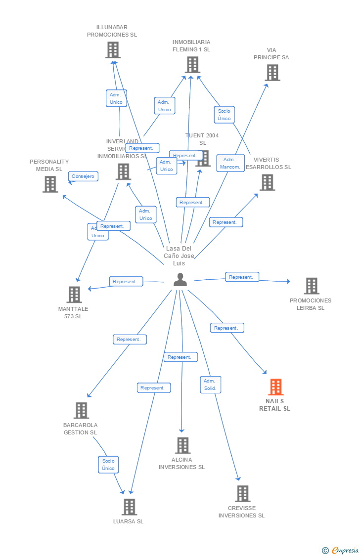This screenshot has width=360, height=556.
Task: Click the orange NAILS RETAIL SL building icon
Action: tap(275, 387)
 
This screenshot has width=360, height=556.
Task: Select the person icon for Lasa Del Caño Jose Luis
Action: tap(180, 280)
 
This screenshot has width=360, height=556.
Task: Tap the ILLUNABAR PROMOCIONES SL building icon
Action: tap(113, 50)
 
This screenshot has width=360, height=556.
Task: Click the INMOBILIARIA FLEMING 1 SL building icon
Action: tap(192, 65)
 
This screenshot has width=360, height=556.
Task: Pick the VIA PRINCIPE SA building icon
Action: tap(272, 73)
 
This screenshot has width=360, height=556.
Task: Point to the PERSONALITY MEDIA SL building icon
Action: tap(50, 184)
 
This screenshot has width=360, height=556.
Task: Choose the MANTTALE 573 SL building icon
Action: tap(74, 295)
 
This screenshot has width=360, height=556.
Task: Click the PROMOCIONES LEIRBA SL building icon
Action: tap(311, 286)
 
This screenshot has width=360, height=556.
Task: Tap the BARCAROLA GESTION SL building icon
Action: tap(81, 410)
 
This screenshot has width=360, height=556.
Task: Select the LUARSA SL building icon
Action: tap(129, 507)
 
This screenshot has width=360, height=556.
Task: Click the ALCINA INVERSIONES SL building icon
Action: tap(182, 445)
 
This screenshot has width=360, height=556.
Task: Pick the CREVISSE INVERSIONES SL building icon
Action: tap(242, 493)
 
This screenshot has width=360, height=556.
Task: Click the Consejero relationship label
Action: tap(83, 176)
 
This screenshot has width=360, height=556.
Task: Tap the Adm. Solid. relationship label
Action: tap(210, 385)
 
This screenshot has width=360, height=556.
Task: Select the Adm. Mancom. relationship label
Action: tap(230, 163)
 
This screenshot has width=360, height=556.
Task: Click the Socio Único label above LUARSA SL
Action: tap(108, 465)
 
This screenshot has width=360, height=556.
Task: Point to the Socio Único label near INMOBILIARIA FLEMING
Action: tap(224, 115)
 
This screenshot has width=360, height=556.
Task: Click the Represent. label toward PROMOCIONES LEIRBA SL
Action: tap(241, 277)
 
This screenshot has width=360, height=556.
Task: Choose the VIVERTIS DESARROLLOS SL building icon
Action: tap(268, 182)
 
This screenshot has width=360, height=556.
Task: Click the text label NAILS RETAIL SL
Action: tap(275, 405)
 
